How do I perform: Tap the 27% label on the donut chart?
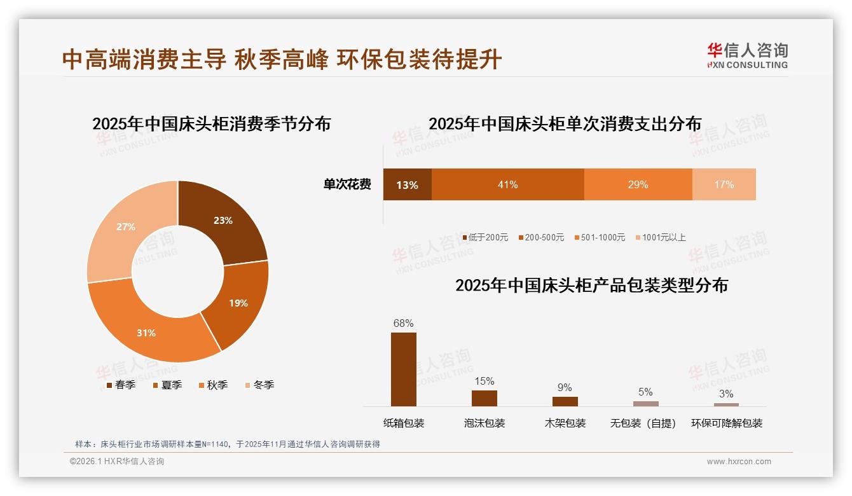(x=126, y=226)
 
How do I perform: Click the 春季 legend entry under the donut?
(x=121, y=385)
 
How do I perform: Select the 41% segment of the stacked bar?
(x=507, y=184)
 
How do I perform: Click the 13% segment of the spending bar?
(x=407, y=185)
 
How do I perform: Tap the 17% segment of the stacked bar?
(x=724, y=184)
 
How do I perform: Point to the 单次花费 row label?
(x=347, y=185)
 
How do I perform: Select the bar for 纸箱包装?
(x=403, y=369)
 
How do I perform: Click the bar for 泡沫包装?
(x=484, y=398)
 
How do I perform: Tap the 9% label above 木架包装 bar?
(x=565, y=387)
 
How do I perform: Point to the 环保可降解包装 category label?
(x=726, y=423)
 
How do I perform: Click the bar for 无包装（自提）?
(x=645, y=403)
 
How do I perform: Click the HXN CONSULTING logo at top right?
(x=747, y=56)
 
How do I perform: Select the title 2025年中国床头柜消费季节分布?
(x=212, y=123)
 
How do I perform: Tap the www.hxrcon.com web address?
(x=739, y=462)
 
